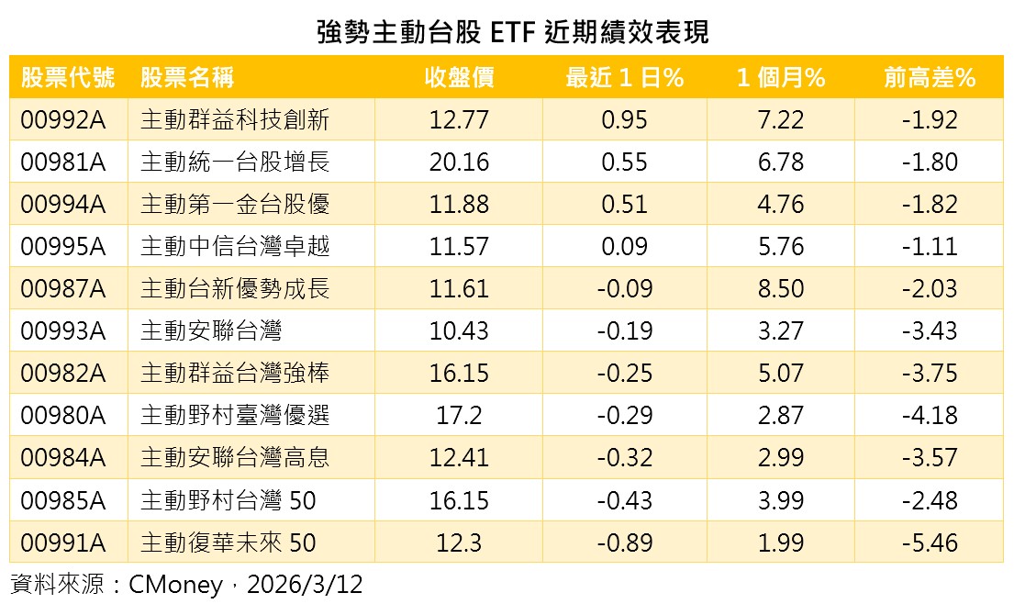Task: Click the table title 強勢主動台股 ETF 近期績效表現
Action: [x=512, y=32]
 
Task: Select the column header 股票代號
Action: [x=68, y=78]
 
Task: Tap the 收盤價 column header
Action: [x=459, y=78]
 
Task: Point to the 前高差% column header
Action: [x=929, y=78]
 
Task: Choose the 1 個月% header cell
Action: [x=781, y=78]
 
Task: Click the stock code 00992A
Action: [x=62, y=120]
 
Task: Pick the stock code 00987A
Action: [x=62, y=289]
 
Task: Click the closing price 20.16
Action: [x=459, y=162]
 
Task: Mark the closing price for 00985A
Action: [x=459, y=500]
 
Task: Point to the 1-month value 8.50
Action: [x=781, y=289]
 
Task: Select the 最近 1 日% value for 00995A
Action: [x=624, y=247]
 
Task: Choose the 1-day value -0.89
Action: [x=624, y=542]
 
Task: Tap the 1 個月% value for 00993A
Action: [x=781, y=331]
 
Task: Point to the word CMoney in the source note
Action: [x=175, y=585]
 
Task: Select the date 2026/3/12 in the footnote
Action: [x=306, y=585]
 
